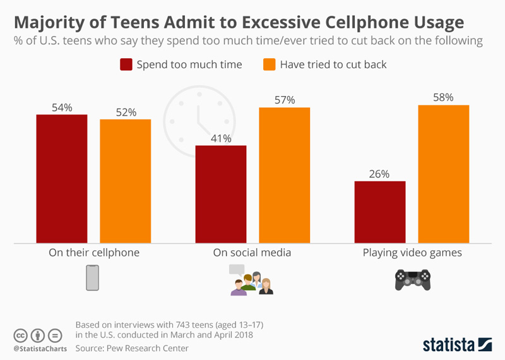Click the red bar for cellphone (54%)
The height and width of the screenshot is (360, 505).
(x=61, y=178)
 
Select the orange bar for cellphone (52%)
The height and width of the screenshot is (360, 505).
(x=126, y=181)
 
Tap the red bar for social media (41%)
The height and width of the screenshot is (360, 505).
(x=220, y=194)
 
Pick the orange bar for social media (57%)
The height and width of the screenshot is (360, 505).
(x=285, y=175)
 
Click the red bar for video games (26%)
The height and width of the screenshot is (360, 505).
(x=380, y=212)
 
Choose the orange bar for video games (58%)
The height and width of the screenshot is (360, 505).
(x=444, y=174)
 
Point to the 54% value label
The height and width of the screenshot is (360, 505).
(x=62, y=107)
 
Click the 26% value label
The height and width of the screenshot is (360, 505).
(x=380, y=174)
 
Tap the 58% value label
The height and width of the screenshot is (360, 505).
(x=444, y=97)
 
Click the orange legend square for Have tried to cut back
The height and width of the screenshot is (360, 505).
(x=267, y=64)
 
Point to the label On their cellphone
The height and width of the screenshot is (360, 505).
(x=94, y=253)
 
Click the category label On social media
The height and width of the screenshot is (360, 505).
(x=252, y=253)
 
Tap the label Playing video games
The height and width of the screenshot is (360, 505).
(x=412, y=253)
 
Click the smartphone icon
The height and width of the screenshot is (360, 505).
(x=93, y=278)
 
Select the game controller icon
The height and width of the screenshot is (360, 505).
(x=412, y=279)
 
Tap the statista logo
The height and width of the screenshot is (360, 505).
(x=457, y=344)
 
